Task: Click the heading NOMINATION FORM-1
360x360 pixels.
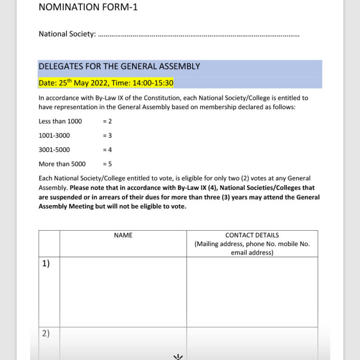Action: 88,7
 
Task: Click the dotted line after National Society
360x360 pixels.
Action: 198,35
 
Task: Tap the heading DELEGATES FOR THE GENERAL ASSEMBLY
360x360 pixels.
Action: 119,67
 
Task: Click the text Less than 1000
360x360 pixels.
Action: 60,121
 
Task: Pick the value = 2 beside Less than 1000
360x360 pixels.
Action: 107,121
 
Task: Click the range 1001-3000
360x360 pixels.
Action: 54,135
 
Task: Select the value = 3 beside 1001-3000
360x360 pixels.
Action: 107,135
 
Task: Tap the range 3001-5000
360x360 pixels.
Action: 54,150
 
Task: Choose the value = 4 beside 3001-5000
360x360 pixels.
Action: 107,150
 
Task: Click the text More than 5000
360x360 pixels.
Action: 62,164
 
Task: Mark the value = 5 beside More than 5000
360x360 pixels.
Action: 107,164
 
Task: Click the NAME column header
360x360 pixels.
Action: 123,235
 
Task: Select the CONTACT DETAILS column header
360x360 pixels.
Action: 252,235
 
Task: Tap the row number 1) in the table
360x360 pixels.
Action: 45,263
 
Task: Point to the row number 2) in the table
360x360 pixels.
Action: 45,334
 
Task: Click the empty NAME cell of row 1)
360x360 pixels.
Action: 123,291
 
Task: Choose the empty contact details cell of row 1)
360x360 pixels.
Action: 252,291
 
